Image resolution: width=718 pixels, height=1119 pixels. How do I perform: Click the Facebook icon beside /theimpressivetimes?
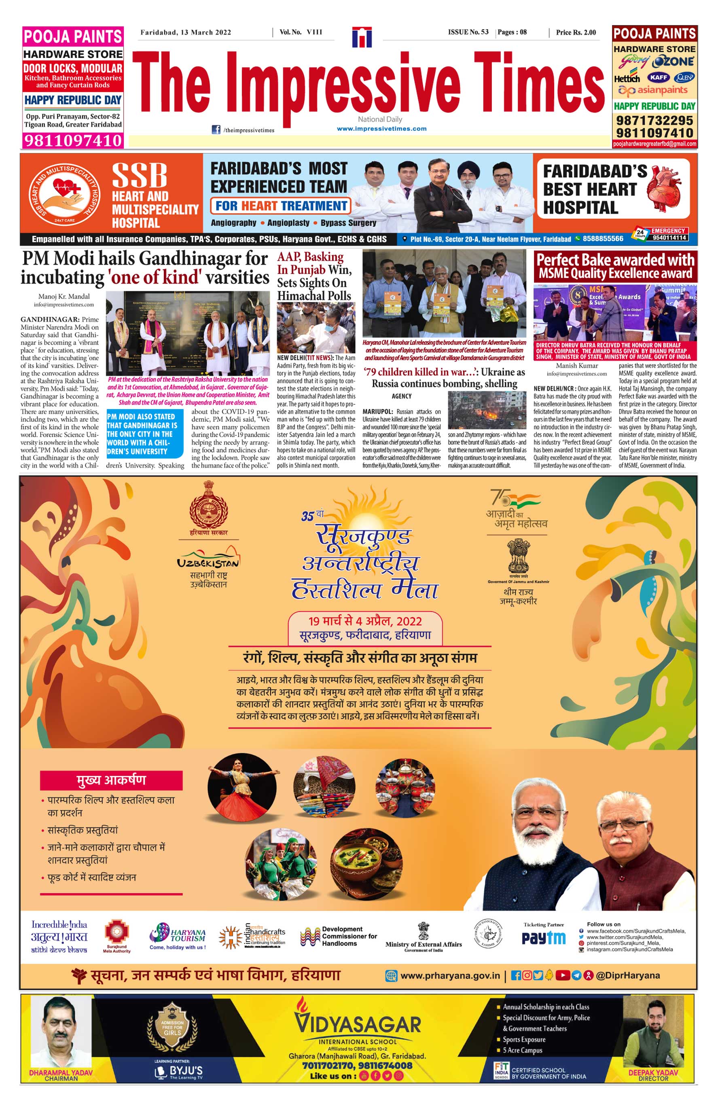coord(216,130)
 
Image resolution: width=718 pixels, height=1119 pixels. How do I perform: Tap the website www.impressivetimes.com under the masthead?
coord(381,129)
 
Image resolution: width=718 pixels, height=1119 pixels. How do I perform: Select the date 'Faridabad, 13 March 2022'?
coord(186,32)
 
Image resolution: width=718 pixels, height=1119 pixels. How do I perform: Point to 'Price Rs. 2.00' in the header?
coord(576,32)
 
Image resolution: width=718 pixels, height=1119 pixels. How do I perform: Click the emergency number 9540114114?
coord(669,238)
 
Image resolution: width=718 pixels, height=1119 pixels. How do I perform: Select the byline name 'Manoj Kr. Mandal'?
coord(64,296)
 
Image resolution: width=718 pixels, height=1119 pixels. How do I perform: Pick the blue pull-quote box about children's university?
coord(144,434)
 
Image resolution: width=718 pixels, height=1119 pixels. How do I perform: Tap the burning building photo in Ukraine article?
coord(487,410)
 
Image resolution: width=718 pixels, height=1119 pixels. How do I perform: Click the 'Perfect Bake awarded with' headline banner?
coord(615,259)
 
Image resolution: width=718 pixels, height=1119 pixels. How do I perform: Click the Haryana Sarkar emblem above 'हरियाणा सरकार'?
coord(208,506)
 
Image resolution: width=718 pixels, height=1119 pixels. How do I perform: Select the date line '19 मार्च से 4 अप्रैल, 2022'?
coord(364,621)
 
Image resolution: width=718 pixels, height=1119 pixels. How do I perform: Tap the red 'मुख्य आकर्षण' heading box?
coord(111,780)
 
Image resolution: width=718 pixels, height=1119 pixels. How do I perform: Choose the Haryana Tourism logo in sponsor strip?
coord(178,936)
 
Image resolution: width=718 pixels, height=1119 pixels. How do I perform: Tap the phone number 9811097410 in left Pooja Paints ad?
coord(73,140)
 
